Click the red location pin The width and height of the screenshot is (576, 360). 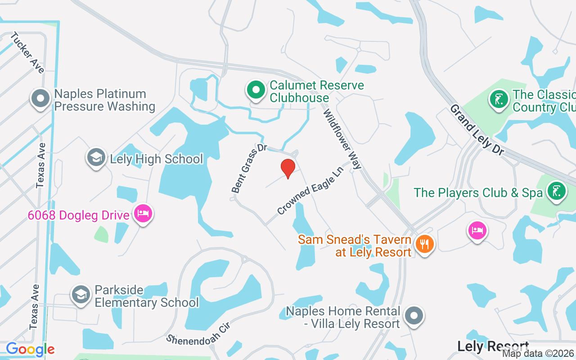tap(288, 168)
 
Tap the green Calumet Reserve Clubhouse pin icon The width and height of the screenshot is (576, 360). tap(256, 90)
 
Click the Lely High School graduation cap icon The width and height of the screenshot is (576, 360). tap(96, 158)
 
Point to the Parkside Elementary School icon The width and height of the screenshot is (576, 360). tap(81, 295)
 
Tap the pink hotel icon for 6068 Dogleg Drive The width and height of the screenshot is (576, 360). tap(143, 214)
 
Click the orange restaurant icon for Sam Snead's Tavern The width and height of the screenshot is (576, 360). tap(423, 244)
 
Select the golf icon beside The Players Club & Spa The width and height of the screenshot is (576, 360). tap(556, 191)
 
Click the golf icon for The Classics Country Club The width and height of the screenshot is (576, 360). tap(498, 99)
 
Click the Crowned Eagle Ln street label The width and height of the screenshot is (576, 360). tap(310, 191)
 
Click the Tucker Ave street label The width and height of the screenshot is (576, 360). tap(27, 53)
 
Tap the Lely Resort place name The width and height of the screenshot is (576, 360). tap(493, 346)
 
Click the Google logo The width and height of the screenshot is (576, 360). tap(30, 349)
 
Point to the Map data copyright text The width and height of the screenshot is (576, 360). tap(538, 354)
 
